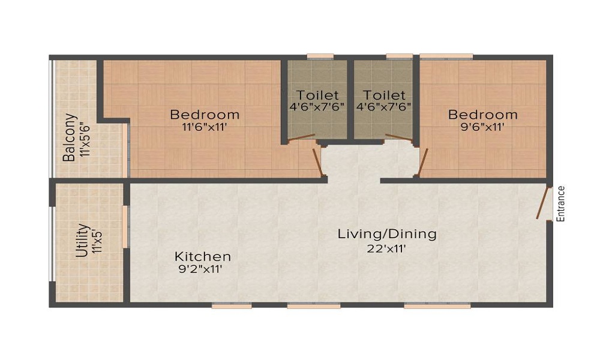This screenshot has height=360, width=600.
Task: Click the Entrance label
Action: coord(562,205)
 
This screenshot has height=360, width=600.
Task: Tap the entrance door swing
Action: coord(544,204)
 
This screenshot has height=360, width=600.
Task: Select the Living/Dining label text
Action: coord(387,234)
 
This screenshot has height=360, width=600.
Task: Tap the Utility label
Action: coord(83,241)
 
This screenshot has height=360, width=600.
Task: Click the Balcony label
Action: coord(70,138)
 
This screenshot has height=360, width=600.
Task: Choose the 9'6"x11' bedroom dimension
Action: coord(482,127)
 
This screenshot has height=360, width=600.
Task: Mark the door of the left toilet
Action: coord(302,139)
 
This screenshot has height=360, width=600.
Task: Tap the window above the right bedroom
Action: coord(446,57)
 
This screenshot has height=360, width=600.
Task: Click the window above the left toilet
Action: coord(320,57)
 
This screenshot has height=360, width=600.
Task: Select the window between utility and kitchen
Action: coord(125,226)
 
